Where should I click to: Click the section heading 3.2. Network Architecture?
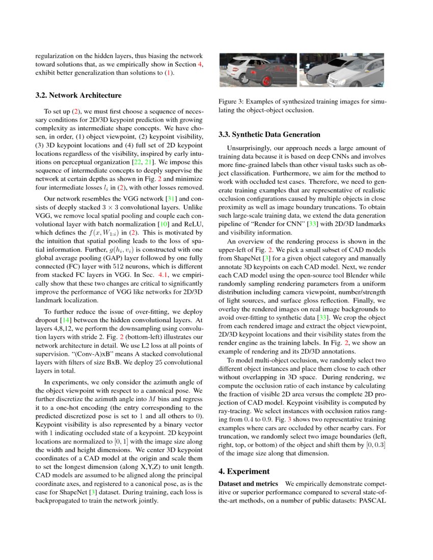coord(78,95)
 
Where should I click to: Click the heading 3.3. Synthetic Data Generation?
coord(269,135)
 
